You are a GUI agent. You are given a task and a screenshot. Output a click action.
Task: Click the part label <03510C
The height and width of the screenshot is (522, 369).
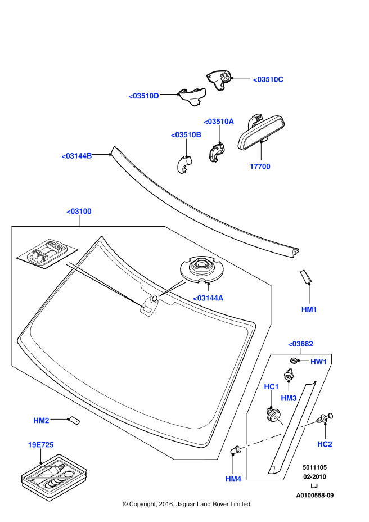pyautogui.click(x=268, y=79)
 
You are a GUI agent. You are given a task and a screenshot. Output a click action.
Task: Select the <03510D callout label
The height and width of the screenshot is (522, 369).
pyautogui.click(x=144, y=96)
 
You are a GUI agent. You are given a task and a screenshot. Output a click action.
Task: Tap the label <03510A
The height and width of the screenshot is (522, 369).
pyautogui.click(x=219, y=121)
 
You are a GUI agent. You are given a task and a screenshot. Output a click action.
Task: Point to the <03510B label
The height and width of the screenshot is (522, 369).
pyautogui.click(x=186, y=135)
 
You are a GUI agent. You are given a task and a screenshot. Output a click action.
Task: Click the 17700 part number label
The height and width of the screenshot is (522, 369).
pyautogui.click(x=260, y=166)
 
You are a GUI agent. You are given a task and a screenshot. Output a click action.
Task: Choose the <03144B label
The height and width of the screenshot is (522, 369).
pyautogui.click(x=76, y=156)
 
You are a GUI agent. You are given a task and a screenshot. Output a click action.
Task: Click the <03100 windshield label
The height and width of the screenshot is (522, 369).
pyautogui.click(x=79, y=211)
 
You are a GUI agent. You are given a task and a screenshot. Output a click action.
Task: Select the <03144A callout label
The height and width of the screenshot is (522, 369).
pyautogui.click(x=208, y=298)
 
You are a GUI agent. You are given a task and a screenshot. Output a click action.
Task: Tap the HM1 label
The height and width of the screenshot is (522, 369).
pyautogui.click(x=309, y=309)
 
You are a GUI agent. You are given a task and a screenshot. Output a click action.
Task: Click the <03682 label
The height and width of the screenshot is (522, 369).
pyautogui.click(x=300, y=344)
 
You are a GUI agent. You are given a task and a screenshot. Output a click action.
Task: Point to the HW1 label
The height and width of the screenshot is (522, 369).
pyautogui.click(x=319, y=362)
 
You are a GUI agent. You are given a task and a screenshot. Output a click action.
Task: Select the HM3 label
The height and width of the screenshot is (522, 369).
pyautogui.click(x=289, y=398)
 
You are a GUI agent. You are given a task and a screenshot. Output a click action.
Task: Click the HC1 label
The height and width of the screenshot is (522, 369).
pyautogui.click(x=272, y=386)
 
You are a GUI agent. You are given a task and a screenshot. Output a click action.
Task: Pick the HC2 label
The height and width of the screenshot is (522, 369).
pyautogui.click(x=325, y=444)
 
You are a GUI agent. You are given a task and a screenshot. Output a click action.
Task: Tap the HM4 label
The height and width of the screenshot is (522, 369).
pyautogui.click(x=233, y=479)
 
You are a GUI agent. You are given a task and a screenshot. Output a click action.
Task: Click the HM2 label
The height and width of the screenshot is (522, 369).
pyautogui.click(x=41, y=420)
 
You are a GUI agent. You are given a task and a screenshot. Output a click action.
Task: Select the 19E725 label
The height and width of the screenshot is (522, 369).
pyautogui.click(x=40, y=445)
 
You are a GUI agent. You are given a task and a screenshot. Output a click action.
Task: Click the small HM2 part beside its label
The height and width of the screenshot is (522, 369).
pyautogui.click(x=74, y=420)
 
